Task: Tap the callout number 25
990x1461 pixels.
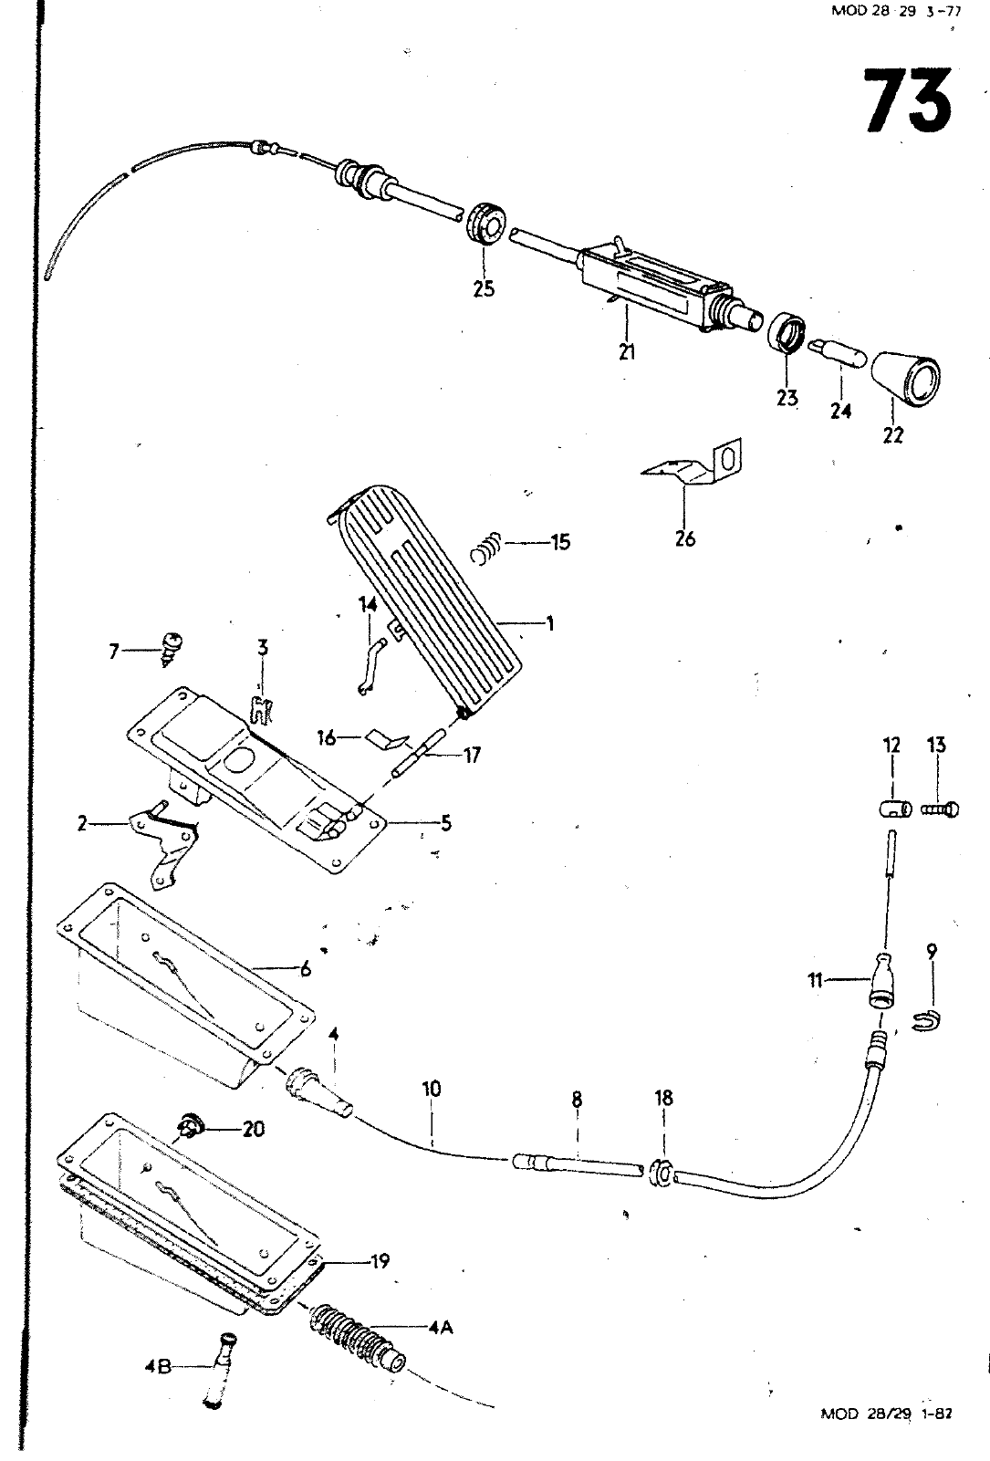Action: coord(484,288)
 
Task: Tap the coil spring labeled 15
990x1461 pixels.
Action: coord(486,548)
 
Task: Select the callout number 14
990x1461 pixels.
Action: coord(369,605)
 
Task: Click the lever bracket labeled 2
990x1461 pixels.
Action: coord(163,842)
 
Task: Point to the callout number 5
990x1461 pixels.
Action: coord(446,823)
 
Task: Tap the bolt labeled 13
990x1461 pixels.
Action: coord(940,810)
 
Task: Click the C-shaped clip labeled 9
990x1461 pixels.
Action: coord(926,1021)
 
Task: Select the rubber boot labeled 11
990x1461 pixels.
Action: coord(881,981)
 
